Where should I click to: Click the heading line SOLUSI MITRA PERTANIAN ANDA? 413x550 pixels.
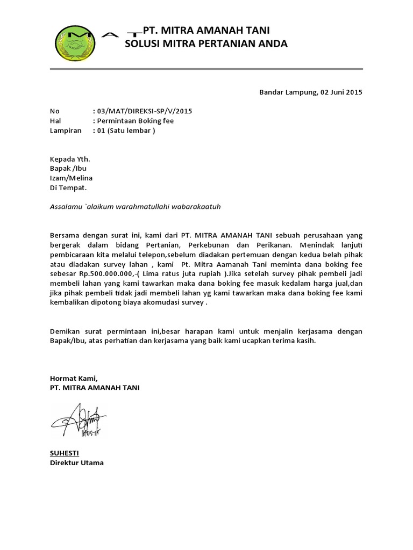coord(206,44)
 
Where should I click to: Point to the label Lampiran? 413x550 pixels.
coord(66,131)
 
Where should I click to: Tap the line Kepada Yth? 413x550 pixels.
coord(70,159)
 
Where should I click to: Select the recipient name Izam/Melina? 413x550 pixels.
coord(71,178)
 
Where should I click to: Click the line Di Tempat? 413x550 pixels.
coord(68,188)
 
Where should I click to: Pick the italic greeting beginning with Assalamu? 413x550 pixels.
coord(136,206)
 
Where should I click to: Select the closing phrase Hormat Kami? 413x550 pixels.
coord(74,378)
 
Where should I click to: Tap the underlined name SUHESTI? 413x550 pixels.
coord(64,453)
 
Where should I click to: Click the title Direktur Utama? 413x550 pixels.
coord(76,462)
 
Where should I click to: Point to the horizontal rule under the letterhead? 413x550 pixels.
coord(206,69)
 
